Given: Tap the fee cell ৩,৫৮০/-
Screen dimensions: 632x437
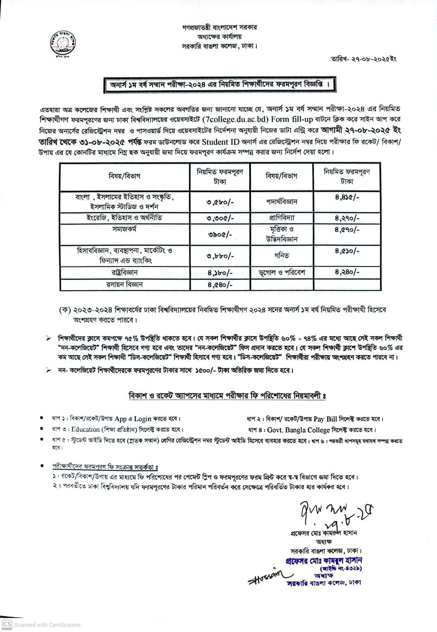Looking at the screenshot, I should coord(220,202).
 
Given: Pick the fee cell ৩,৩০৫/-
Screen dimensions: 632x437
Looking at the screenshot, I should coord(220,218).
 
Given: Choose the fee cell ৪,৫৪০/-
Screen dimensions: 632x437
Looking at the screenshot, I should coord(220,284).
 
